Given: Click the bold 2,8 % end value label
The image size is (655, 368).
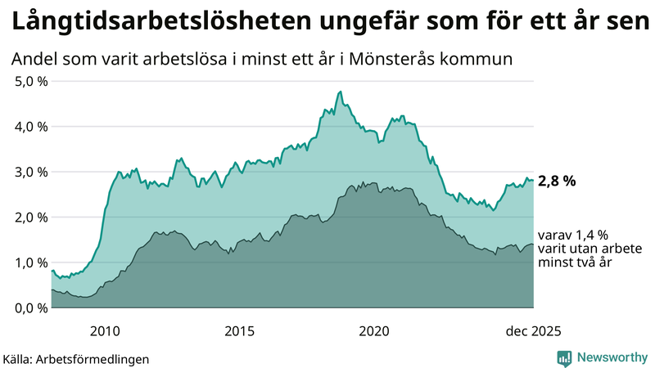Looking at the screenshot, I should tap(558, 181).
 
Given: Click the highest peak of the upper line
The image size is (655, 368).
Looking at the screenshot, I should tap(340, 92).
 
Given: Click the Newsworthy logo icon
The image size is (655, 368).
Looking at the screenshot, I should tap(564, 357).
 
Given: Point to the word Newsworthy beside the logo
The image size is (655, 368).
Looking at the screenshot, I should tap(612, 357).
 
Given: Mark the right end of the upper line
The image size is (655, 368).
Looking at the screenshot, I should tap(534, 180).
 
